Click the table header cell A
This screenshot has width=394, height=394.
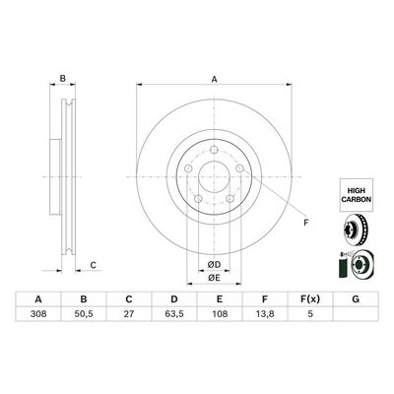[37, 300]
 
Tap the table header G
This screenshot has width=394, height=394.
[355, 300]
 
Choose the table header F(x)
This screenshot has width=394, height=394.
[309, 300]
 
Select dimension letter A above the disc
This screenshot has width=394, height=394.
[214, 83]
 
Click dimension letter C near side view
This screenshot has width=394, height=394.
[92, 264]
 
